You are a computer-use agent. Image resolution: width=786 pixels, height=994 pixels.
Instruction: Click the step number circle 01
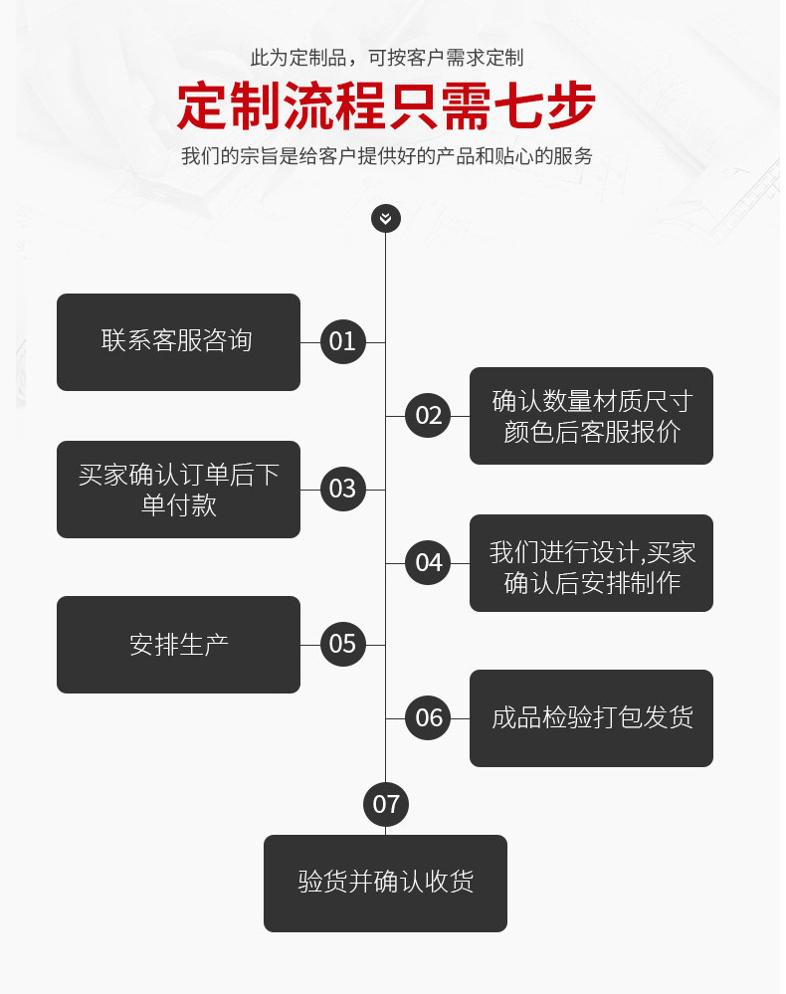(342, 342)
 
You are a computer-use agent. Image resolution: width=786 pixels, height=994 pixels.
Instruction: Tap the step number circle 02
(429, 416)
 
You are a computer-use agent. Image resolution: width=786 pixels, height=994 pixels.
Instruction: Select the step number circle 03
(342, 490)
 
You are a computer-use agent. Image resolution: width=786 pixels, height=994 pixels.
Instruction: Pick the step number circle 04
(429, 563)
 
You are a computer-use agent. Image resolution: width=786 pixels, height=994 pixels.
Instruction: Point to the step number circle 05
(342, 645)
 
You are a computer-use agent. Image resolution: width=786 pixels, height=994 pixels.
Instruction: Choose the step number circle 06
(429, 718)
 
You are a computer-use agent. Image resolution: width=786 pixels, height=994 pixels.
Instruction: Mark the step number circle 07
(386, 804)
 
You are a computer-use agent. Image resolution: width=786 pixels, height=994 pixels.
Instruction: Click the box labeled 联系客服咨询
(178, 342)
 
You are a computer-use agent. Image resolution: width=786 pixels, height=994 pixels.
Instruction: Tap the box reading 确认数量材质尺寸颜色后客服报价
(591, 416)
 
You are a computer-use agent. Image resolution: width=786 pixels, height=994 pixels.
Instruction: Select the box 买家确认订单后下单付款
(178, 490)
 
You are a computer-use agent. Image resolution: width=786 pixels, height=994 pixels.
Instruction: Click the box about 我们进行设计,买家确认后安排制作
(591, 563)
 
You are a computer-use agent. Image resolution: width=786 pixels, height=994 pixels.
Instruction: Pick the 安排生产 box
(178, 645)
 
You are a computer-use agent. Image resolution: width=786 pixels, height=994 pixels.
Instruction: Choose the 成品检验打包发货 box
(591, 718)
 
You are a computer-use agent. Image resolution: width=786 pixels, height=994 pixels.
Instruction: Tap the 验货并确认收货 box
(385, 883)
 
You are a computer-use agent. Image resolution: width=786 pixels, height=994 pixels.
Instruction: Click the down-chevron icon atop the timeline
(386, 218)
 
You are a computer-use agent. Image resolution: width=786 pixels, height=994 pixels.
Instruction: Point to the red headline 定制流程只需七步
(386, 105)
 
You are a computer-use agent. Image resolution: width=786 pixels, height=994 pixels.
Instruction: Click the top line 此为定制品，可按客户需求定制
(386, 58)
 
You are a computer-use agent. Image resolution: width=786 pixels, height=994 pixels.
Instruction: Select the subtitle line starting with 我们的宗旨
(386, 156)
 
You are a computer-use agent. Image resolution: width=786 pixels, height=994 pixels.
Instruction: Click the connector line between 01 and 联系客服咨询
(309, 342)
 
